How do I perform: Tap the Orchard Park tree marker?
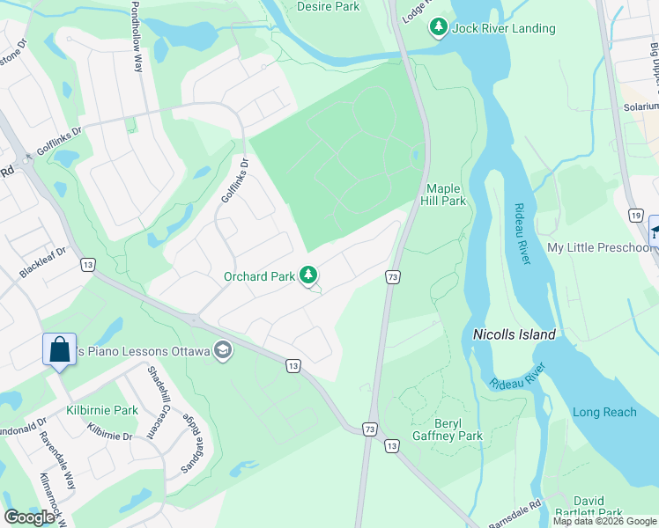click(308, 276)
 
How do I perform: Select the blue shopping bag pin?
click(59, 349)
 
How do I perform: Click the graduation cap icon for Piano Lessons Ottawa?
click(223, 351)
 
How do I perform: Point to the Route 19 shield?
click(635, 215)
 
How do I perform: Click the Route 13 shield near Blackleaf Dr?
click(87, 264)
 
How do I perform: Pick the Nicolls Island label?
click(515, 334)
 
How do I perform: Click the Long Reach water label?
click(604, 412)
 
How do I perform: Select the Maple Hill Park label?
click(446, 194)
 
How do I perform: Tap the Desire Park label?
click(329, 6)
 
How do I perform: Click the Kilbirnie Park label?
click(102, 410)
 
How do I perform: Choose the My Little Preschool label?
click(600, 248)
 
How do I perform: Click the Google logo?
click(30, 517)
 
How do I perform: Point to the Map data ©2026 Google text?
click(603, 521)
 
